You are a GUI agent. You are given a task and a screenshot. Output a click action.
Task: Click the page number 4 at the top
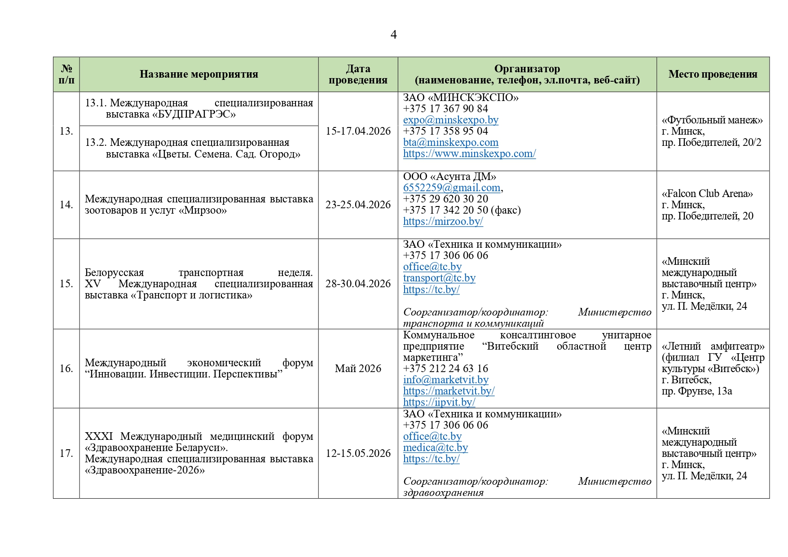tap(393, 35)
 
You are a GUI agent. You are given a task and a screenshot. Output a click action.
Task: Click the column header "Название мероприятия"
tap(198, 75)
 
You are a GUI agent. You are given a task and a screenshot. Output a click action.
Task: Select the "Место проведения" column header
tap(713, 75)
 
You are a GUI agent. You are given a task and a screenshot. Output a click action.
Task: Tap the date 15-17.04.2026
tap(358, 131)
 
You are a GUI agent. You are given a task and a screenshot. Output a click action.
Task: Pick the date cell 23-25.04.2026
tap(358, 205)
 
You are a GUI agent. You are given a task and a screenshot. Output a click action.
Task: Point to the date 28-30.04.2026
tap(358, 284)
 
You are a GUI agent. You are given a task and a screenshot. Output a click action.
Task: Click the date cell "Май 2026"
tap(358, 368)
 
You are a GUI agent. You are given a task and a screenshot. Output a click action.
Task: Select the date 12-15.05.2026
tap(358, 453)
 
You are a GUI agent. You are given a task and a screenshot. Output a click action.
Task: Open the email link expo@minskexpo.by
tap(450, 120)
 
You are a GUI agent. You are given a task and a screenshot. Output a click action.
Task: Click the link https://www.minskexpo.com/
tap(469, 154)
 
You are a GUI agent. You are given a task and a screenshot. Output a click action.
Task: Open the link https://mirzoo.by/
tap(443, 221)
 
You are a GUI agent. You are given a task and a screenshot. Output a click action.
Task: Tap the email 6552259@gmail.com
tap(451, 188)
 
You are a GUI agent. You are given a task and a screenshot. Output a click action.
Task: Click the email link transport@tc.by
tap(439, 278)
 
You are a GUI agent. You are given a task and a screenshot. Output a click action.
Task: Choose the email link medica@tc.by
tap(435, 447)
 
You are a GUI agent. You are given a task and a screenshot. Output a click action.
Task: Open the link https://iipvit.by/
tap(439, 402)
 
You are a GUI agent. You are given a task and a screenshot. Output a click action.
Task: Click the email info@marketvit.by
tap(445, 380)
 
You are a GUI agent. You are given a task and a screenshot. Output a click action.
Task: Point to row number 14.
tap(66, 205)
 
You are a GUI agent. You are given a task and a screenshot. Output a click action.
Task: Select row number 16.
tap(66, 368)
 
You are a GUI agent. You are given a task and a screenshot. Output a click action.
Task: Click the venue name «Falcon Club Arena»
tap(707, 193)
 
